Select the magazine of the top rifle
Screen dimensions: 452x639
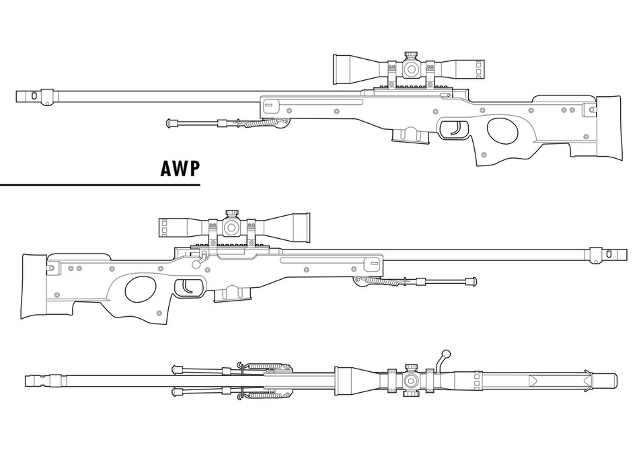(410, 135)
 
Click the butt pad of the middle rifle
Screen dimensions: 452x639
(32, 286)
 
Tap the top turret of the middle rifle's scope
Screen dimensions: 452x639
(231, 215)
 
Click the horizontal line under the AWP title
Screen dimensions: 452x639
(101, 183)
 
